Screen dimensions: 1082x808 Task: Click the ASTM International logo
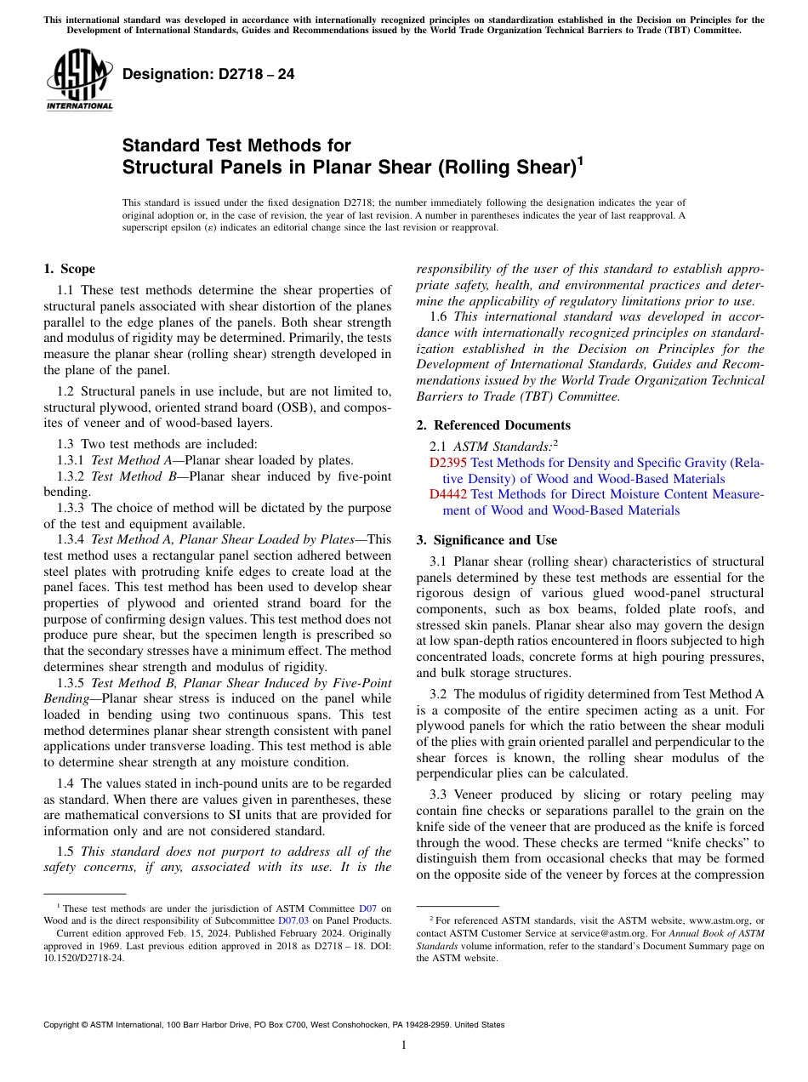click(x=78, y=80)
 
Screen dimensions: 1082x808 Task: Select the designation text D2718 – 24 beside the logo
click(x=208, y=74)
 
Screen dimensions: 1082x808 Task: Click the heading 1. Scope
click(x=69, y=270)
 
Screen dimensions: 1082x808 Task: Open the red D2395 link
click(x=448, y=464)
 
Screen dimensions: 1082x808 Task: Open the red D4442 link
click(x=448, y=494)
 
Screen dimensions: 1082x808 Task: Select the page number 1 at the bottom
click(x=404, y=1045)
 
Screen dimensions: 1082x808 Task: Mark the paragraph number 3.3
click(x=439, y=795)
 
